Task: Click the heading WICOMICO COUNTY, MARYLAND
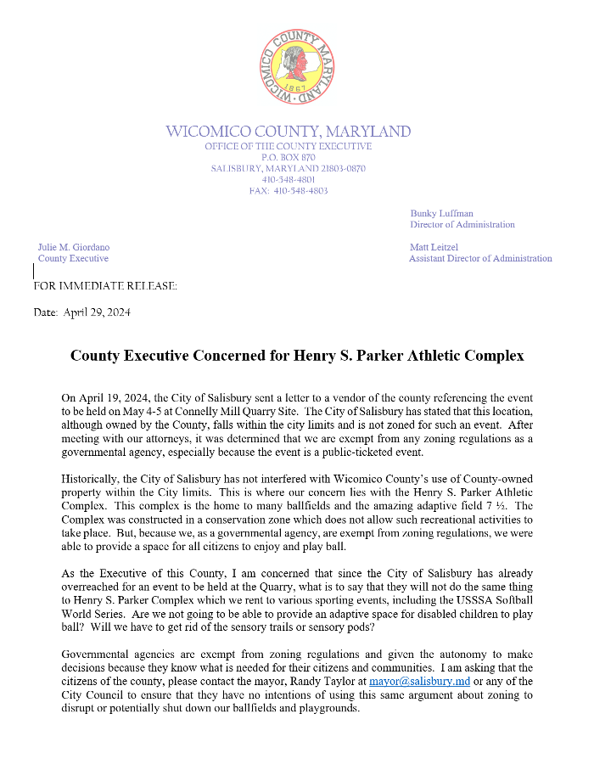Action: [x=289, y=132]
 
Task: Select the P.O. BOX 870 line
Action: [x=289, y=157]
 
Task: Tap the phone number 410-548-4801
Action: [x=289, y=180]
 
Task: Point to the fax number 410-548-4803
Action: [x=300, y=191]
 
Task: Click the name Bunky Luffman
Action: [x=442, y=214]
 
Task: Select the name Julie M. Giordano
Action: [x=74, y=247]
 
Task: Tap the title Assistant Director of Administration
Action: [x=480, y=258]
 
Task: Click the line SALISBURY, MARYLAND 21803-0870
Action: [x=289, y=169]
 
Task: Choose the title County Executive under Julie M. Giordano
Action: [x=73, y=258]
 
